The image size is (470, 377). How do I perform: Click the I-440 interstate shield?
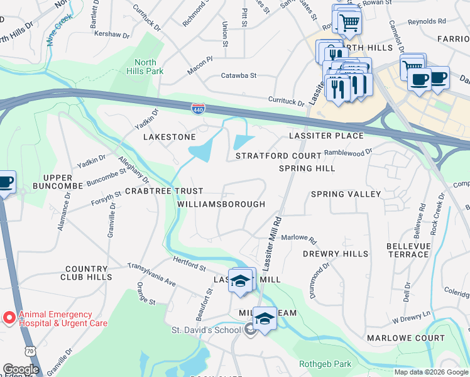(197, 108)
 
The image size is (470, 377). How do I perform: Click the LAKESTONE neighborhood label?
(170, 136)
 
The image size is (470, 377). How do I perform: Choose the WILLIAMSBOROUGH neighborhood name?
(221, 204)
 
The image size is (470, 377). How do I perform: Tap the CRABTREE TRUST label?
(164, 190)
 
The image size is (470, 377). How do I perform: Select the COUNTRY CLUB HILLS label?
(87, 272)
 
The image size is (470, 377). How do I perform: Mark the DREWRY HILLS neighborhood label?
(335, 254)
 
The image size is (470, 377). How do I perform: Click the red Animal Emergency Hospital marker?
(9, 319)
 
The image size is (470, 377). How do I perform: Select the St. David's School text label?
(206, 330)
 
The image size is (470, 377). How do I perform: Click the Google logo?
(21, 369)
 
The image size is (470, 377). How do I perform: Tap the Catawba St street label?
(239, 75)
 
